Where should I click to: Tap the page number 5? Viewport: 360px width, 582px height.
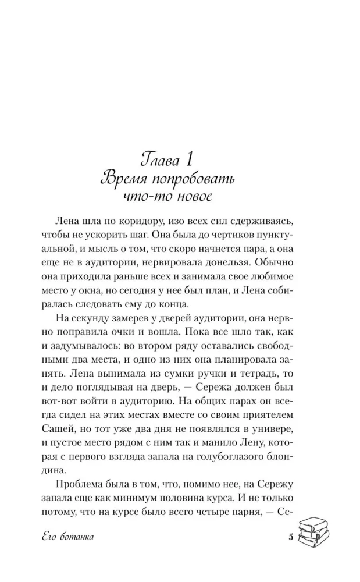tap(290, 537)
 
